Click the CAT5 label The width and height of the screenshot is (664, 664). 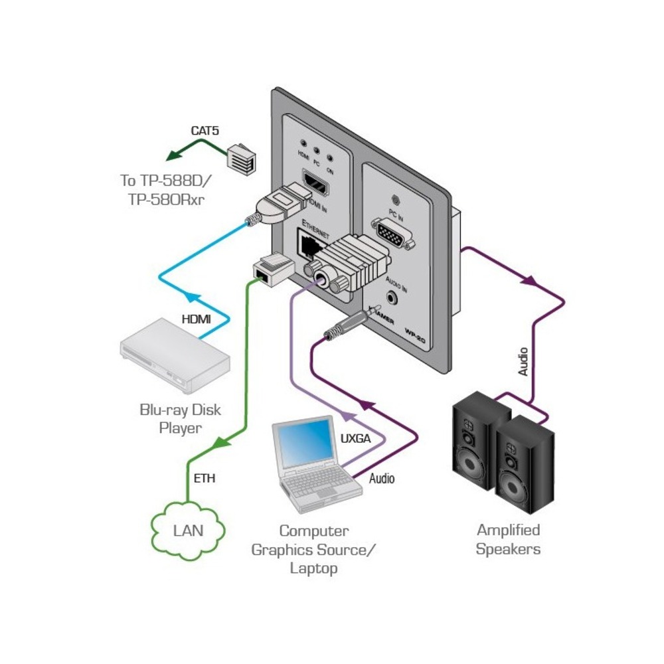click(x=205, y=131)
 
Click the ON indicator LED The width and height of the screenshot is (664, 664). click(x=330, y=145)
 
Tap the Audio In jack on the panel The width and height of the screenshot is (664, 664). click(x=392, y=294)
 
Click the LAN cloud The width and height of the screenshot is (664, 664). click(x=188, y=531)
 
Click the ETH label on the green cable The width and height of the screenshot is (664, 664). click(x=205, y=477)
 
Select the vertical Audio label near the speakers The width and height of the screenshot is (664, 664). click(x=523, y=361)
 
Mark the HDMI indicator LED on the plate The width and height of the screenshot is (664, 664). click(x=303, y=143)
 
